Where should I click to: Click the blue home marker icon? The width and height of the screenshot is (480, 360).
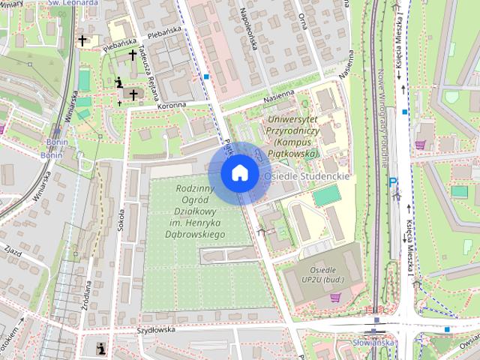(239, 172)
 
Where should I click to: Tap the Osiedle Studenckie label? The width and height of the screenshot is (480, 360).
(307, 176)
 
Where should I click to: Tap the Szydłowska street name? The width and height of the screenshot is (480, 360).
(155, 329)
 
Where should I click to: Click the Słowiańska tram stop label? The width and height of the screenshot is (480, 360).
(373, 343)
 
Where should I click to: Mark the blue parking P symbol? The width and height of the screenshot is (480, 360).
(391, 181)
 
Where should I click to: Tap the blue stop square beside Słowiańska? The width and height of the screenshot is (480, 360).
(447, 329)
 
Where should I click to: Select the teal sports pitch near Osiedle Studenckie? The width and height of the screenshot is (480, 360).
(327, 196)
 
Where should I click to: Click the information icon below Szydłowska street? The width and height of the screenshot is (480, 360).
(101, 347)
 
